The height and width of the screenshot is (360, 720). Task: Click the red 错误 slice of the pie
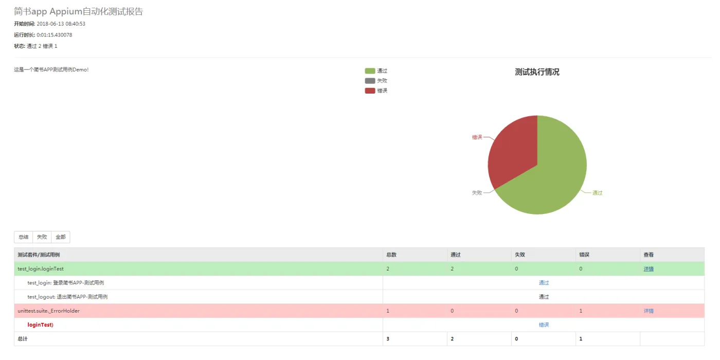(512, 149)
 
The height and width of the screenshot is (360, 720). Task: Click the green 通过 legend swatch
(370, 71)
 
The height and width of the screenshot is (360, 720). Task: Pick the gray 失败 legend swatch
(370, 81)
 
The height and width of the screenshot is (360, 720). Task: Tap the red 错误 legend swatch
(370, 91)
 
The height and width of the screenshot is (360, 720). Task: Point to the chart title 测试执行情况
(537, 72)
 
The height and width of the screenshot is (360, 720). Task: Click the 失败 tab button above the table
(42, 237)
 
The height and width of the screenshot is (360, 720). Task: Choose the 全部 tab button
(61, 237)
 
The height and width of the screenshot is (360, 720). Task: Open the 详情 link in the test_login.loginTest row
(649, 269)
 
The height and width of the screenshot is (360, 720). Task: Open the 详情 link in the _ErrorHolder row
(649, 311)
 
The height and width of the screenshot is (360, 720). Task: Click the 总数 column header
(391, 255)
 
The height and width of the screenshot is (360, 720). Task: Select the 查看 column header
(649, 255)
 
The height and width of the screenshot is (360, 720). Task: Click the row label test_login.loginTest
(41, 269)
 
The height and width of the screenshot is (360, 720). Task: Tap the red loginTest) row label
(41, 325)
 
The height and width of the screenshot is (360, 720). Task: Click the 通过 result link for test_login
(544, 283)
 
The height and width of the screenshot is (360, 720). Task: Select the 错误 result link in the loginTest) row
(544, 325)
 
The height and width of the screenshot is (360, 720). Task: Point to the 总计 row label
(23, 339)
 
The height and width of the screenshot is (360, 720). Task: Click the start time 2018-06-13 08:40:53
(61, 24)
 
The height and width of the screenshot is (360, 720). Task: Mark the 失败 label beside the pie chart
(477, 193)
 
